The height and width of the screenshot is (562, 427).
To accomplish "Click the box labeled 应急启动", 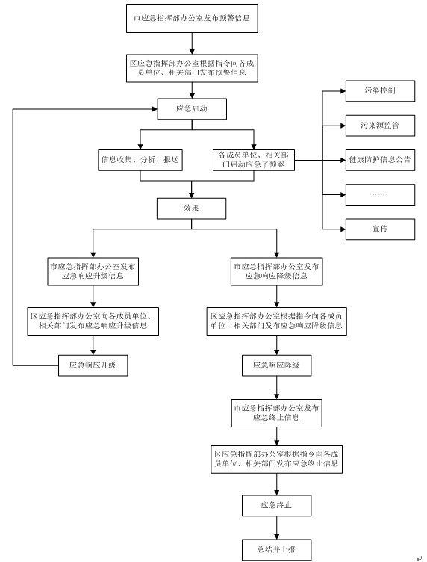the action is (x=192, y=109).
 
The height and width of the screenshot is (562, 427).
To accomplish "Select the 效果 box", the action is (x=192, y=209).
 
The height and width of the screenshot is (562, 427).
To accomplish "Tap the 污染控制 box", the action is (x=380, y=91).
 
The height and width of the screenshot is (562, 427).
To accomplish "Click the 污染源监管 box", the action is (x=380, y=126).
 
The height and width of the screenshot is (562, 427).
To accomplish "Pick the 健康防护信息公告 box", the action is (x=380, y=160).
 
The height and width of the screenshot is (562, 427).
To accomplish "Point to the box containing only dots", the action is (x=380, y=194).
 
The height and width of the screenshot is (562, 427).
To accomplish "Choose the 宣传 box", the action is (x=380, y=229).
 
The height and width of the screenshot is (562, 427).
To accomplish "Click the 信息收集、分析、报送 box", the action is (x=140, y=160).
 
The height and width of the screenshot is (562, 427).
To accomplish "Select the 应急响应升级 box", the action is (x=93, y=365).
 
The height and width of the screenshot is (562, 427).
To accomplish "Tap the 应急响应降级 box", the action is (x=277, y=365).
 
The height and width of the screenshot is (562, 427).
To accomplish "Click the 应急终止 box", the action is (x=277, y=506).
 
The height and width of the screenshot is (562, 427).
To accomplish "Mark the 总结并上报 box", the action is (x=277, y=550).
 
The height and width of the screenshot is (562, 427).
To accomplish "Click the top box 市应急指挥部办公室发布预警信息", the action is (x=192, y=19).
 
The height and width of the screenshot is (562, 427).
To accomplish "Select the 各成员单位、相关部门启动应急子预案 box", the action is (x=254, y=160).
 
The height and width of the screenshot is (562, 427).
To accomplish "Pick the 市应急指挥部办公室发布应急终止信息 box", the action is (x=277, y=413).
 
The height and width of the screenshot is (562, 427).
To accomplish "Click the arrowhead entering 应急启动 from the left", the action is (x=155, y=109).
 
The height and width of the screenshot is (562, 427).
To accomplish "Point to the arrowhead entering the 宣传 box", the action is (x=343, y=229).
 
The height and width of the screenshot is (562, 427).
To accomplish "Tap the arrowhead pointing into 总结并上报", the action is (x=277, y=537).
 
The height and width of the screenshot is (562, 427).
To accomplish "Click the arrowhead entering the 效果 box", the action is (x=192, y=195).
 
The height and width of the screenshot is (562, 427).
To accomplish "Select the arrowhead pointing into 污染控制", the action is (x=343, y=91).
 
